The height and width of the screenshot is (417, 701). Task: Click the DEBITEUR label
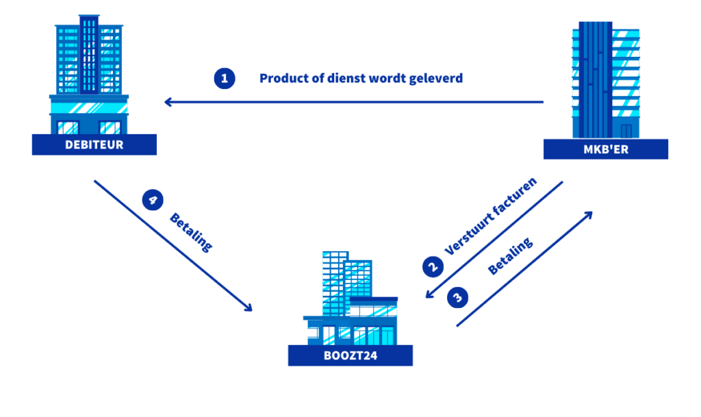(x=94, y=144)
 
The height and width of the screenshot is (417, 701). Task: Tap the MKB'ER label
(x=606, y=150)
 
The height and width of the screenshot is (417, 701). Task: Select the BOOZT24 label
(x=350, y=355)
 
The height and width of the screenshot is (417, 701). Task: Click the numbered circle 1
(x=224, y=78)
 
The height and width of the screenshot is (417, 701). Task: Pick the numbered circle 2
(x=432, y=266)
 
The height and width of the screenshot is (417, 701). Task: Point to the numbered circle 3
(x=458, y=297)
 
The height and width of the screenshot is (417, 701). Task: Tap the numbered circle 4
(x=152, y=200)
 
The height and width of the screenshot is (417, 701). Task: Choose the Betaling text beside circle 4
(x=191, y=231)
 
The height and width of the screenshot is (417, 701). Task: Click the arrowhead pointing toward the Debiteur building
(x=168, y=103)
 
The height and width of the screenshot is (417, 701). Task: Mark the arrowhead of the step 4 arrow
(x=248, y=307)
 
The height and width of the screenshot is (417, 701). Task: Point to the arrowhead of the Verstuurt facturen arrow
(x=427, y=296)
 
